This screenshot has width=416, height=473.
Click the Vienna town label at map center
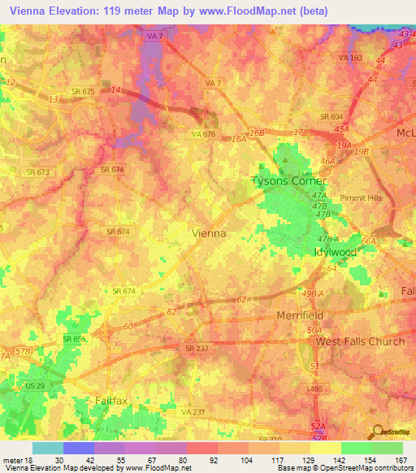click(x=208, y=233)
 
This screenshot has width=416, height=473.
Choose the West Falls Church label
click(x=359, y=341)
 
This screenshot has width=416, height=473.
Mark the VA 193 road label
click(x=351, y=59)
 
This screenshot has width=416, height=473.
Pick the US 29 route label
click(x=35, y=386)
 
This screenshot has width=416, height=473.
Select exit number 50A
click(x=314, y=329)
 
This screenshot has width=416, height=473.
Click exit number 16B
click(x=258, y=132)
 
